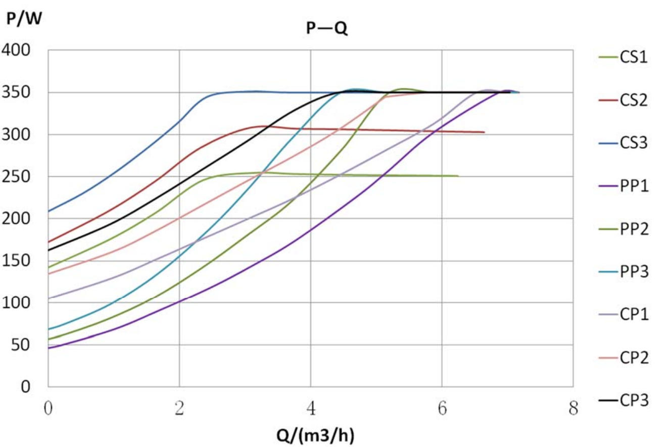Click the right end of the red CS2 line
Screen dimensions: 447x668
(x=484, y=132)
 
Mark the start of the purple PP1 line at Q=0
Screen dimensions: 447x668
(x=49, y=348)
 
